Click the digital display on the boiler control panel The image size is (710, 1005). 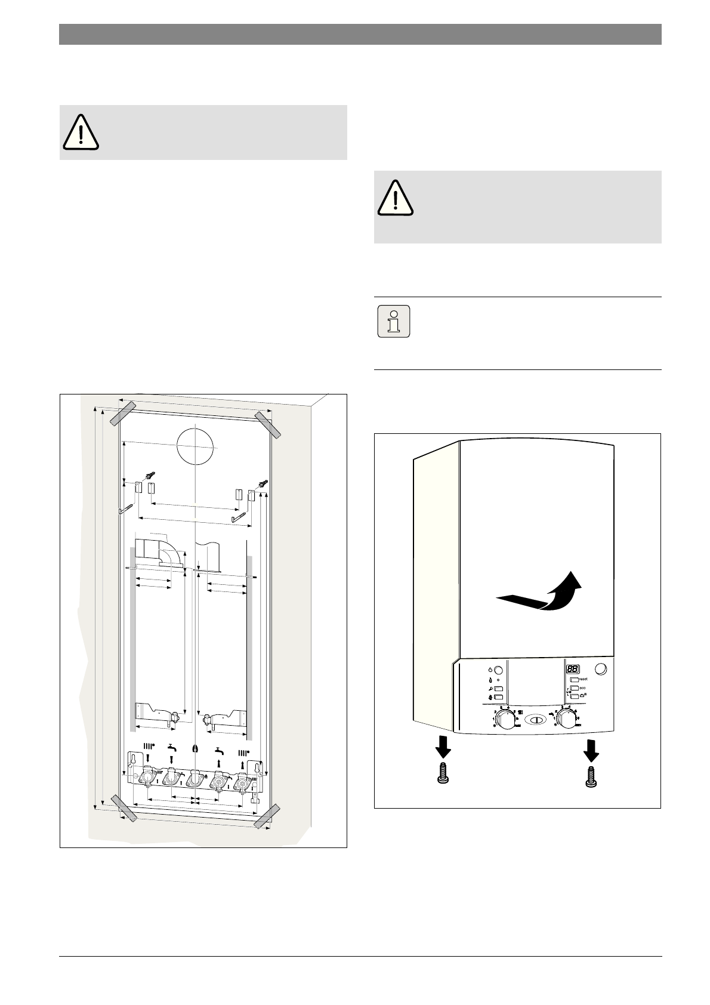coord(573,670)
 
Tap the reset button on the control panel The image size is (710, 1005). coord(575,680)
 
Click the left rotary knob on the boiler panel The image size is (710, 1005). coord(506,720)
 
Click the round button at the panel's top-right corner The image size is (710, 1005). coord(603,669)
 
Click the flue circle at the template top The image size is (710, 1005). coord(195,446)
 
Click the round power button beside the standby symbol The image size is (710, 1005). coord(499,670)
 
